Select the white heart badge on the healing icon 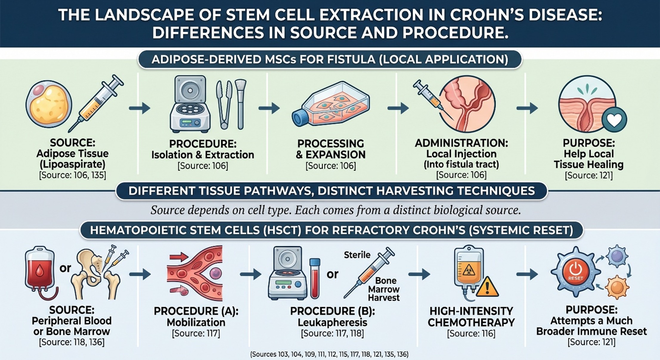(x=614, y=120)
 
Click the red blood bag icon (x=39, y=270)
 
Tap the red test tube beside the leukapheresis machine (x=315, y=278)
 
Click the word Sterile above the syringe (x=357, y=255)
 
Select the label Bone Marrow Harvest (x=384, y=289)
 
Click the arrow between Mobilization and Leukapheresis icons (x=251, y=274)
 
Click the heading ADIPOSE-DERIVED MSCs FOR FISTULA (x=330, y=60)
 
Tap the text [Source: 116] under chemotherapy (x=471, y=333)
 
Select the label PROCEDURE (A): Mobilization (x=196, y=317)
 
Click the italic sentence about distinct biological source (x=336, y=210)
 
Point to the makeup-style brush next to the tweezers (x=240, y=101)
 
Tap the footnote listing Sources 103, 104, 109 (x=329, y=354)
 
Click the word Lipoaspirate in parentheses (x=72, y=164)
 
